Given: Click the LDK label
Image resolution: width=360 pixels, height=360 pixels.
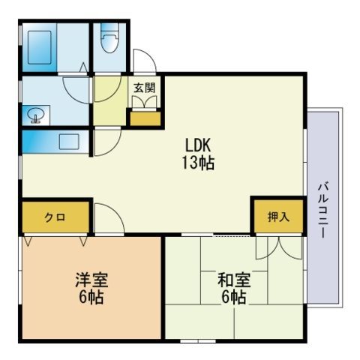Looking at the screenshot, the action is pos(198,145).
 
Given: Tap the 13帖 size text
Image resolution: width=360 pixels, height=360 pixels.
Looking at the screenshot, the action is pos(198,163).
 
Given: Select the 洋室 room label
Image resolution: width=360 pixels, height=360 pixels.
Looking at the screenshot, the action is pos(91,280).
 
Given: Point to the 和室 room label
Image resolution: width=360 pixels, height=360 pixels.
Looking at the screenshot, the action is pos(234,280).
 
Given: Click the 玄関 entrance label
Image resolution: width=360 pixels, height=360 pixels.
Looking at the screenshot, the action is pos(145,88).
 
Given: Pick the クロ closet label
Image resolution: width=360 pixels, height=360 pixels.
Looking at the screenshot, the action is pos(55,217).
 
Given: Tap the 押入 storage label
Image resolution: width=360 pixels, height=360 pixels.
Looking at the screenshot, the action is pos(278,217).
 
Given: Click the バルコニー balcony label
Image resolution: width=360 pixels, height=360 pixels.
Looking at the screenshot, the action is pos(323,211).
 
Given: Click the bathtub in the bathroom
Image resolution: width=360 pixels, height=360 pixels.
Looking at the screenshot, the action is pos(40,47).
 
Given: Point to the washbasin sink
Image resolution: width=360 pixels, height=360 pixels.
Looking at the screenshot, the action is pos(36,115).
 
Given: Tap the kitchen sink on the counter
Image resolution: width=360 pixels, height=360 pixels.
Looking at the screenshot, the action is pos(69,142).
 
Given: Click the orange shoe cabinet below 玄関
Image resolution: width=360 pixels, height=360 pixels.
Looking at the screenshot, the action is pos(145,118).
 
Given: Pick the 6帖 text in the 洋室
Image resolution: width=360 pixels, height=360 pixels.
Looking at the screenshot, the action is pos(91,297).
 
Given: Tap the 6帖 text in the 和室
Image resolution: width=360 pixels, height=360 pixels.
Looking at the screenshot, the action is pos(234,297).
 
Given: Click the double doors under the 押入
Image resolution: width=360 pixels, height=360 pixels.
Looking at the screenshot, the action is pos(279,248).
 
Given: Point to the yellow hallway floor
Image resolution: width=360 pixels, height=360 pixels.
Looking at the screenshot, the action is pos(110,100).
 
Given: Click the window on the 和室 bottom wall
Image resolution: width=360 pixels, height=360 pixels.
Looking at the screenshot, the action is pos(198,341).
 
